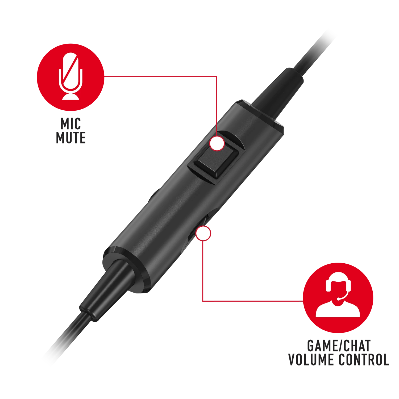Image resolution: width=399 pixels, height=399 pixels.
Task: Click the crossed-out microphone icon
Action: pos(70,76)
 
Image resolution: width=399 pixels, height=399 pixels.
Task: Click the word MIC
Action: pos(71,124)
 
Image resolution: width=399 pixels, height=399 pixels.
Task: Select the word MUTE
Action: pos(71,138)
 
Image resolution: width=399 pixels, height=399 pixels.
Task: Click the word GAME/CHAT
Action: pos(339,346)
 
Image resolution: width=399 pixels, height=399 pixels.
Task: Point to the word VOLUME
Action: pos(311,360)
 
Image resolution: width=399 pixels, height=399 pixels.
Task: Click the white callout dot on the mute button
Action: pos(217,143)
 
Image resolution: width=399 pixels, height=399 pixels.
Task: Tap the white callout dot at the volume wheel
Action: pos(203,233)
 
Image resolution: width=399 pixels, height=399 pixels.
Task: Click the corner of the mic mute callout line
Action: pos(217,76)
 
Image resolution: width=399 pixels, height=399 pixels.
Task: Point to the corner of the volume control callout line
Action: pos(203,301)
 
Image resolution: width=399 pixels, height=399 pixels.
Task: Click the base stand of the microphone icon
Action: pos(70,96)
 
